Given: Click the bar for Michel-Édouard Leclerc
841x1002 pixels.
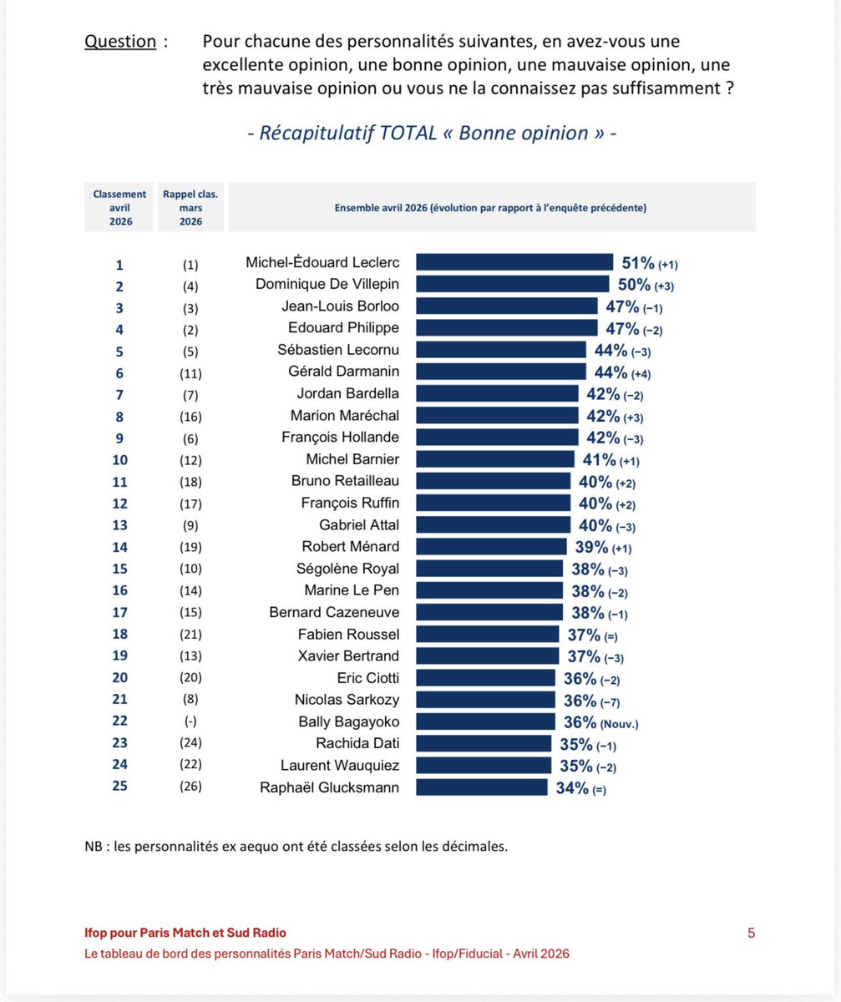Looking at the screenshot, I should click(x=514, y=262).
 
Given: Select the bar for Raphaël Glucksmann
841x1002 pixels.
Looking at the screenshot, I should click(x=481, y=787).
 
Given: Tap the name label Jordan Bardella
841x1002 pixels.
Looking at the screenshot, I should click(x=348, y=393).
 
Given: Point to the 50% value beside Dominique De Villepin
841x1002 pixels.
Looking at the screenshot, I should click(x=634, y=284).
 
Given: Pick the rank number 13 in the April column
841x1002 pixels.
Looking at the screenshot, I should click(x=119, y=524).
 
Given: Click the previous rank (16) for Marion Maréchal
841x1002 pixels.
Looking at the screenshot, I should click(x=188, y=415).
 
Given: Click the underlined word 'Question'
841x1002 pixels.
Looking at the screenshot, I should click(x=120, y=42).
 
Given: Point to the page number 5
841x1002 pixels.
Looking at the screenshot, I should click(x=751, y=933).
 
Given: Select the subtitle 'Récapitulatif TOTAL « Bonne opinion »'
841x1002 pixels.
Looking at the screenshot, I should click(x=432, y=133).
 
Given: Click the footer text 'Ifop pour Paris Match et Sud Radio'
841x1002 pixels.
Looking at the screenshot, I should click(x=190, y=933).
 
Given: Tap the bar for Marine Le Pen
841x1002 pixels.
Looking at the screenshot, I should click(x=489, y=590).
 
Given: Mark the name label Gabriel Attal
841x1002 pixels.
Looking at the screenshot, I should click(x=359, y=524).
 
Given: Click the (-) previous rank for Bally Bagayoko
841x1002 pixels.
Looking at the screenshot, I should click(x=188, y=721).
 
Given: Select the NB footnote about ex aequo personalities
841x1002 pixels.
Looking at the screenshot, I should click(x=296, y=846).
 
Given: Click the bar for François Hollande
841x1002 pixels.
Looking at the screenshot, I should click(x=496, y=437).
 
